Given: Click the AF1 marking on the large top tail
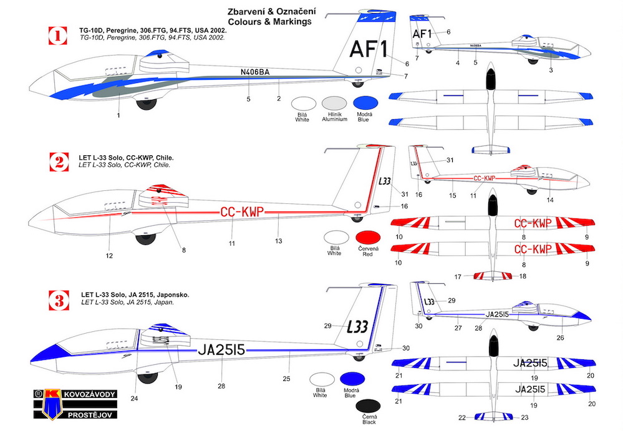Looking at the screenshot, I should pyautogui.click(x=369, y=49).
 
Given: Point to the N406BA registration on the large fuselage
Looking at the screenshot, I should pyautogui.click(x=254, y=72).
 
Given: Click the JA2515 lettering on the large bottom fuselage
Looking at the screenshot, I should pyautogui.click(x=222, y=351).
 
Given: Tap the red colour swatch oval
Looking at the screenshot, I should pyautogui.click(x=367, y=239).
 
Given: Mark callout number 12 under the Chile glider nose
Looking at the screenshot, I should pyautogui.click(x=109, y=256).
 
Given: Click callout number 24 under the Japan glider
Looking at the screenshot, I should pyautogui.click(x=134, y=397).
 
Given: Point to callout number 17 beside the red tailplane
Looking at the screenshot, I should pyautogui.click(x=457, y=277).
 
